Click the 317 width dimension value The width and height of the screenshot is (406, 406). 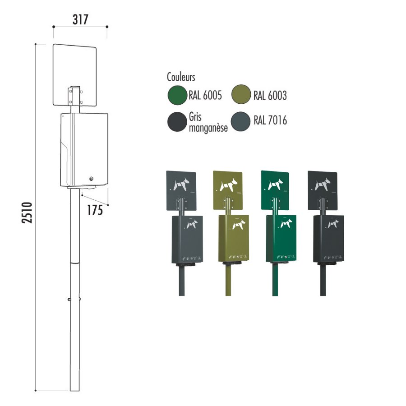pos(80,19)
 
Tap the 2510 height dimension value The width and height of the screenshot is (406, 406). pos(28,212)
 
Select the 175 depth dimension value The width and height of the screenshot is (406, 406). pos(95,210)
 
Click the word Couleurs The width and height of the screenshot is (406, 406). pos(181,77)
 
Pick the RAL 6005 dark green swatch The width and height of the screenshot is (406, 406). pos(177,95)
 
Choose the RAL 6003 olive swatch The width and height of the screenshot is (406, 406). pos(241,95)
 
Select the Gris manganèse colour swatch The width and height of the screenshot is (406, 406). pos(177,122)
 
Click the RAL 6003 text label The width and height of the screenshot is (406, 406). pos(270,96)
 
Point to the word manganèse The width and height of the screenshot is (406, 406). pos(208,128)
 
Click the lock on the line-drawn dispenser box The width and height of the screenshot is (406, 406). pos(91,179)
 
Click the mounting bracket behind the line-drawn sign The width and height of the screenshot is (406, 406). pos(75,97)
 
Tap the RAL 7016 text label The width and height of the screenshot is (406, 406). pos(270,120)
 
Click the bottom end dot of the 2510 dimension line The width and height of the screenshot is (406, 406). pos(36,391)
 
